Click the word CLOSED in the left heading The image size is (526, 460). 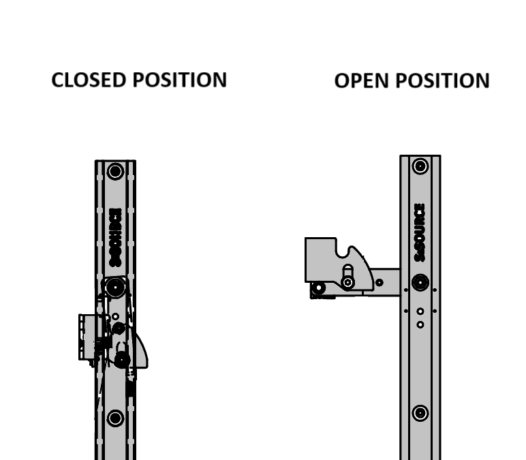click(89, 80)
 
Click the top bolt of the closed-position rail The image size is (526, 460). click(115, 171)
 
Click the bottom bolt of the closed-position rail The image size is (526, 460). click(115, 417)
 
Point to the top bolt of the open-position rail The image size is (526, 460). click(420, 166)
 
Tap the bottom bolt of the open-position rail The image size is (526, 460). click(420, 412)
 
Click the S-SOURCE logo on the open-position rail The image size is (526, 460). click(420, 232)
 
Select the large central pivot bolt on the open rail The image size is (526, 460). click(420, 282)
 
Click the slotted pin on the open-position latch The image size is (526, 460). click(348, 281)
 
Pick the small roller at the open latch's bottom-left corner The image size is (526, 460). click(318, 290)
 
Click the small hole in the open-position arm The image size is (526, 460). click(379, 281)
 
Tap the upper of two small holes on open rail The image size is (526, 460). click(420, 311)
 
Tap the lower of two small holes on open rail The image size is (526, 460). click(420, 324)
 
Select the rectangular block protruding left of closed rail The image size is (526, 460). click(87, 337)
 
